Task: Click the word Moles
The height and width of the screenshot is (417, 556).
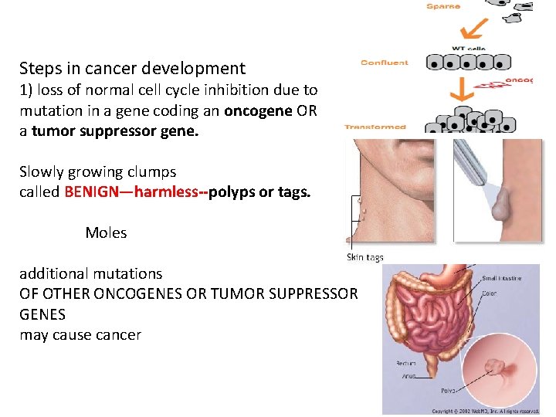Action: [106, 232]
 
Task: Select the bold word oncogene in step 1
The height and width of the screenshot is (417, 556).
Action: [258, 110]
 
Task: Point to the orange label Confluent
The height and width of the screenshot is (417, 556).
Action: [384, 63]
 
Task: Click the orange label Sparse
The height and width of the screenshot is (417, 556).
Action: [443, 6]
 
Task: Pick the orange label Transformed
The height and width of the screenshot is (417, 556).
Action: [375, 127]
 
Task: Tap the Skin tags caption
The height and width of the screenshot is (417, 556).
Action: [364, 257]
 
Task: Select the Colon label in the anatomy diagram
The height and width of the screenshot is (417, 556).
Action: [490, 293]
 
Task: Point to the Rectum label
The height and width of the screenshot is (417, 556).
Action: [406, 363]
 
